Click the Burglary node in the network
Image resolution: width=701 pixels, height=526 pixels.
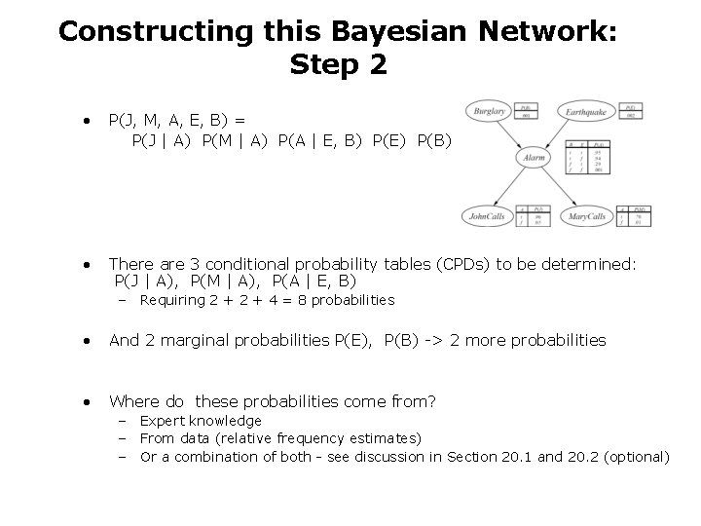[x=489, y=112]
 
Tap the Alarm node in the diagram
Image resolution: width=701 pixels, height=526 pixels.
[x=534, y=156]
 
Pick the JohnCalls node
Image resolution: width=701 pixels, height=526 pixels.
[x=487, y=216]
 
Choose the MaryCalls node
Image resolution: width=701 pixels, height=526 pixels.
[x=588, y=216]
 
